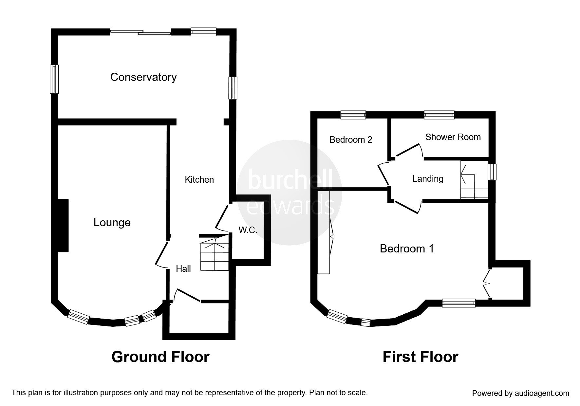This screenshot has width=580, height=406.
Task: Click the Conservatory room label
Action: pyautogui.click(x=143, y=77)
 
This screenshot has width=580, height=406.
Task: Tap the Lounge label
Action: pyautogui.click(x=112, y=223)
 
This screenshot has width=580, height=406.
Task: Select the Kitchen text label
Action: pyautogui.click(x=199, y=179)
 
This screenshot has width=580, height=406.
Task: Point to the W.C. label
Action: pyautogui.click(x=248, y=230)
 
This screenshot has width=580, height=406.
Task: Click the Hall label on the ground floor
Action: pyautogui.click(x=183, y=269)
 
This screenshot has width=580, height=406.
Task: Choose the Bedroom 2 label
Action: pyautogui.click(x=351, y=140)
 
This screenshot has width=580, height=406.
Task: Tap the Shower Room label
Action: pyautogui.click(x=453, y=137)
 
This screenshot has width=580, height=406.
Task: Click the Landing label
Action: pyautogui.click(x=428, y=179)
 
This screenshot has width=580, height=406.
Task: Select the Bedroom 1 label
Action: pyautogui.click(x=407, y=249)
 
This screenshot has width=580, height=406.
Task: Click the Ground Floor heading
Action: pyautogui.click(x=160, y=357)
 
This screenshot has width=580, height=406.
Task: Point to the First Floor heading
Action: pyautogui.click(x=421, y=357)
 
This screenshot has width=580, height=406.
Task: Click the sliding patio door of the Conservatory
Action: pyautogui.click(x=140, y=32)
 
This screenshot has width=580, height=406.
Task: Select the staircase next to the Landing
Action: pyautogui.click(x=475, y=180)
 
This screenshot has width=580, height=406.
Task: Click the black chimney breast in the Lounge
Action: pyautogui.click(x=63, y=226)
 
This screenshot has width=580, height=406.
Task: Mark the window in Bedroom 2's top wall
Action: pyautogui.click(x=353, y=115)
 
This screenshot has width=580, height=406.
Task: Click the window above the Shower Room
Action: pyautogui.click(x=439, y=115)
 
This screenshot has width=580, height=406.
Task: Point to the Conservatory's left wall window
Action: pyautogui.click(x=54, y=79)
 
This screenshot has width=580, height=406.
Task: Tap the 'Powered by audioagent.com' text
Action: pyautogui.click(x=521, y=393)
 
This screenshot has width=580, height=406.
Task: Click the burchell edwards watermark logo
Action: pyautogui.click(x=289, y=193)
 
